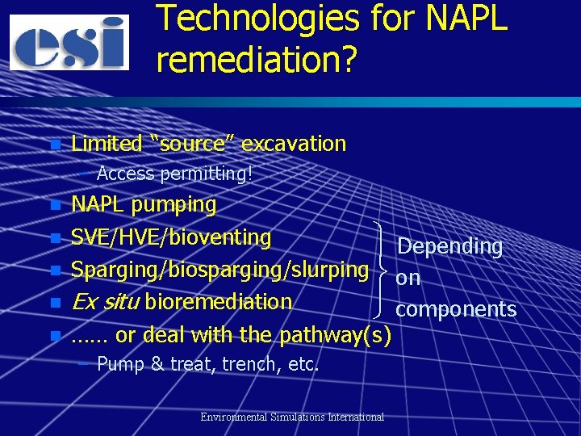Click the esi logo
[69, 42]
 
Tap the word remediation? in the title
[257, 59]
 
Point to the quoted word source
[191, 144]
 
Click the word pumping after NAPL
[173, 205]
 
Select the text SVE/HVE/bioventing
[171, 237]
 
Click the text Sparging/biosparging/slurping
[219, 270]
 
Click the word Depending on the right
[449, 246]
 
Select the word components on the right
[456, 309]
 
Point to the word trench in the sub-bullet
[249, 364]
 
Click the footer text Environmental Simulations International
[292, 417]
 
